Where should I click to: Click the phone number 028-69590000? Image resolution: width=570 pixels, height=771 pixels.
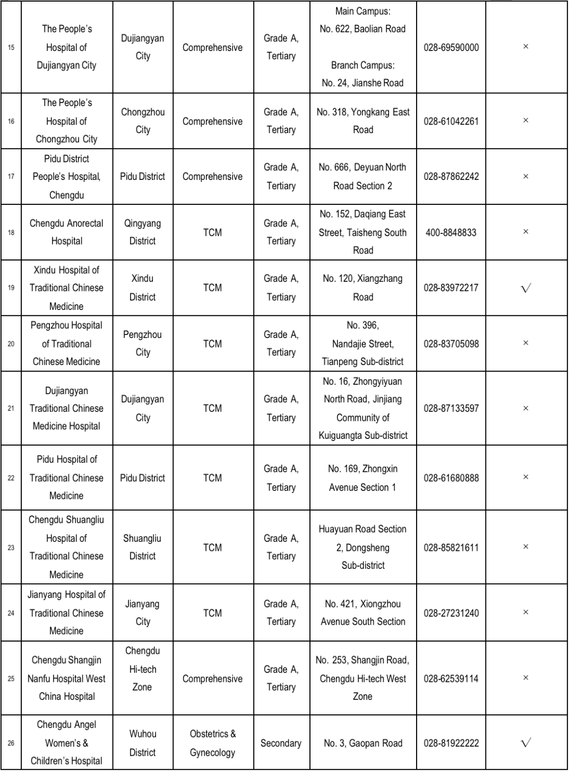pos(451,47)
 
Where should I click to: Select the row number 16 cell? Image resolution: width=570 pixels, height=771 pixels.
pos(11,121)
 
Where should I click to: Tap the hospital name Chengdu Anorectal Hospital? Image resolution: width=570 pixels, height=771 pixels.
pos(66,232)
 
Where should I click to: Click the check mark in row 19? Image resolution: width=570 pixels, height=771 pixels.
pos(525,288)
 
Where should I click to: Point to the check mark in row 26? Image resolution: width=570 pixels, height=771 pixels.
pos(525,743)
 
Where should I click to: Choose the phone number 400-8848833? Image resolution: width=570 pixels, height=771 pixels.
pos(451,232)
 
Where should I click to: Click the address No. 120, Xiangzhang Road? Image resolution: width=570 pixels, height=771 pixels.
pos(363,288)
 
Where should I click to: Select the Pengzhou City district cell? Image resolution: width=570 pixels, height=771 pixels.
pos(142,343)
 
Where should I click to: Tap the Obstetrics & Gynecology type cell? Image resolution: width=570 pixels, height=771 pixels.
pos(212,743)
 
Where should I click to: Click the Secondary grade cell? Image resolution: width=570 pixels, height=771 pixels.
pos(281,743)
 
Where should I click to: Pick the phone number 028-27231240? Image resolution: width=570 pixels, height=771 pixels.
pos(451,613)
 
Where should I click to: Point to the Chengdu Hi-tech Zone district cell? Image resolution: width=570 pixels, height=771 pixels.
pos(142,669)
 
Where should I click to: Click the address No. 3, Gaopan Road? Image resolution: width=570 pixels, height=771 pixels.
pos(363,743)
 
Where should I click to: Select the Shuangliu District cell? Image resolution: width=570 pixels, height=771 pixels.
pos(142,547)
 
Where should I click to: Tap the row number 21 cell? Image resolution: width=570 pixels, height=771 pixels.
pos(11,408)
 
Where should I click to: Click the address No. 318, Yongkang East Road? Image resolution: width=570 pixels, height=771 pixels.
pos(363,121)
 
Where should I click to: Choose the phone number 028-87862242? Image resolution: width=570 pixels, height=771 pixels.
pos(451,176)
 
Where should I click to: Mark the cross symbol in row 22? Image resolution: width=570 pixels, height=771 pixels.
pos(525,477)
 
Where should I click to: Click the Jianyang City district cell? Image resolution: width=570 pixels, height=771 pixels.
pos(142,613)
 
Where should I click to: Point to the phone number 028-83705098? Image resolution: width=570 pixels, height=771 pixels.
pos(451,343)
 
